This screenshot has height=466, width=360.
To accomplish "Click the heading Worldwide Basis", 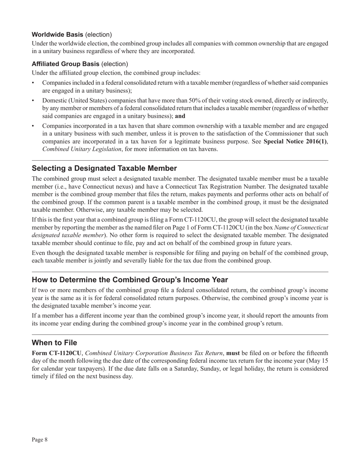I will point(57,34).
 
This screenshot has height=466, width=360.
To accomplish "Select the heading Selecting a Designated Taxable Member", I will point(104,168).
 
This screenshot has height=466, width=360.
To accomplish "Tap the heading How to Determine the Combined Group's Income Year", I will point(130,280).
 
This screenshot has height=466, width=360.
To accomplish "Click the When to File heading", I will point(54,342).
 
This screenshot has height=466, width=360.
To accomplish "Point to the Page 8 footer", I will point(40,439).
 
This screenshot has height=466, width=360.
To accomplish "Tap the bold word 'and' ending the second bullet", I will point(180,116).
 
